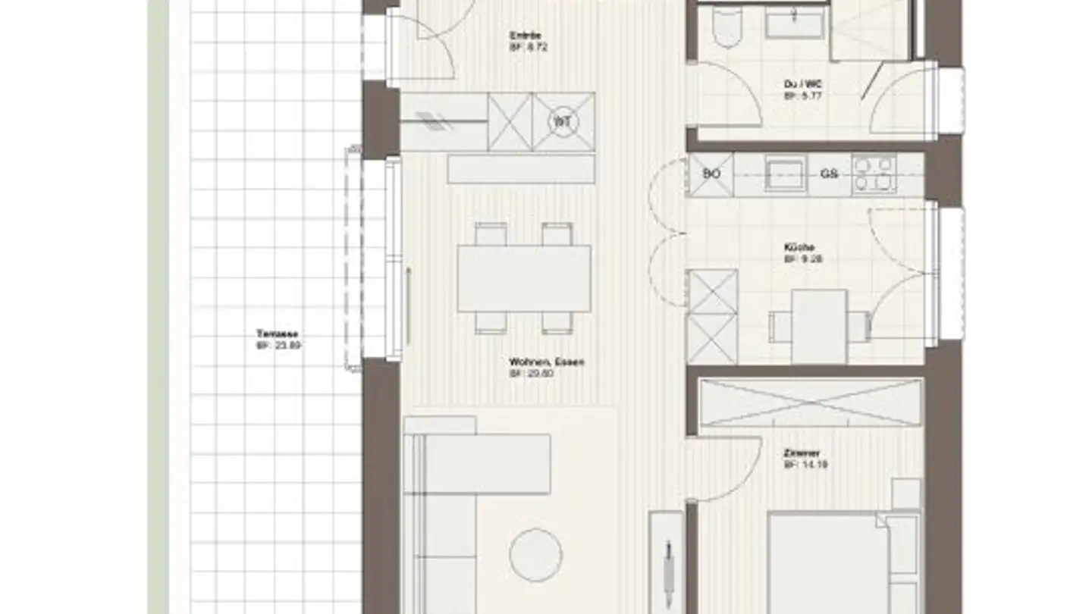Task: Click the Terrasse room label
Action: pos(277,334)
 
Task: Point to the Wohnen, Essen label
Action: pos(546,362)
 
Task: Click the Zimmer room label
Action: pos(802,454)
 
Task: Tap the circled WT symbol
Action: pos(562,122)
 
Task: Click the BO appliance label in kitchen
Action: pos(711,174)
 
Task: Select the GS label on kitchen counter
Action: pos(829,174)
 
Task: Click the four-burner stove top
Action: pos(874,174)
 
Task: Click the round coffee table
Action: pos(535,555)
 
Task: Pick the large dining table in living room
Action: pos(524,278)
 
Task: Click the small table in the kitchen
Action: pos(819,326)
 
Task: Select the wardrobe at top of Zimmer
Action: pos(810,403)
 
